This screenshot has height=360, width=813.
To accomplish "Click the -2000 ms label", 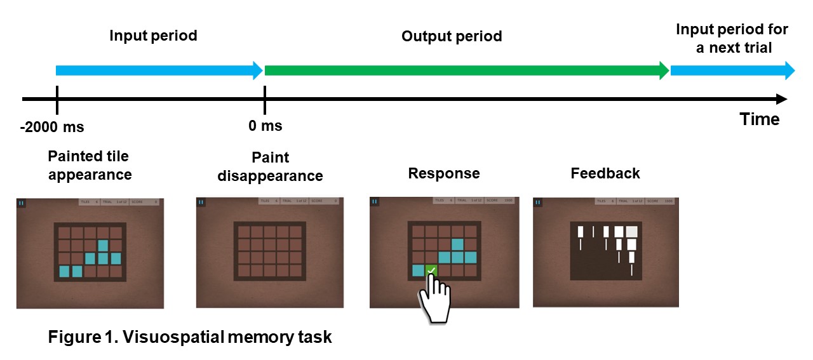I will pyautogui.click(x=52, y=127).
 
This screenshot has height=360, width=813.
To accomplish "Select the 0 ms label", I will pyautogui.click(x=265, y=126).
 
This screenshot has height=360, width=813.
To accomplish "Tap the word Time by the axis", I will pyautogui.click(x=759, y=119).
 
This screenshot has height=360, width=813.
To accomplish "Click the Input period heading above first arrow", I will pyautogui.click(x=153, y=36).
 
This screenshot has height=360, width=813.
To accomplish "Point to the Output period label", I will pyautogui.click(x=452, y=36).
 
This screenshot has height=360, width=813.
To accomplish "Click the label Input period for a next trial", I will pyautogui.click(x=732, y=38).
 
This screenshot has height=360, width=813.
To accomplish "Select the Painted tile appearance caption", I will pyautogui.click(x=90, y=165).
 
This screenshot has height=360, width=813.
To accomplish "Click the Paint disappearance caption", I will pyautogui.click(x=270, y=166).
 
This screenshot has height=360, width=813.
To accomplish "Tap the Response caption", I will pyautogui.click(x=444, y=173).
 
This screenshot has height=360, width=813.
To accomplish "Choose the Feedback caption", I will pyautogui.click(x=605, y=173).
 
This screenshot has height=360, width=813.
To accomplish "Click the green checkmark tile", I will pyautogui.click(x=431, y=270).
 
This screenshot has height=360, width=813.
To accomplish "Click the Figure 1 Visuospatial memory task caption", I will pyautogui.click(x=190, y=337).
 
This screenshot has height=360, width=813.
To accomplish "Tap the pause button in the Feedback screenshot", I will pyautogui.click(x=538, y=202).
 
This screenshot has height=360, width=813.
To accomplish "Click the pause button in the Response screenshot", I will pyautogui.click(x=375, y=201).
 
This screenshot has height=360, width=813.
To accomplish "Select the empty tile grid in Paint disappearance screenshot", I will pyautogui.click(x=269, y=251).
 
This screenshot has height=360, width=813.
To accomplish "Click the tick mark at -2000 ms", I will pyautogui.click(x=57, y=99).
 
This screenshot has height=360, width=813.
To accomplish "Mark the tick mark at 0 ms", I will pyautogui.click(x=264, y=99).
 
